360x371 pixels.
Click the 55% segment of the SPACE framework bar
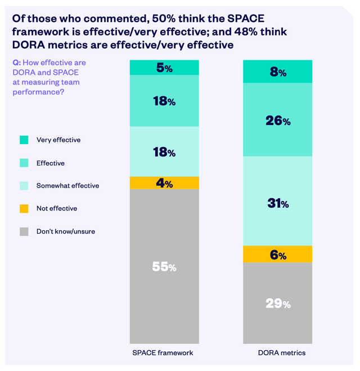click(x=164, y=266)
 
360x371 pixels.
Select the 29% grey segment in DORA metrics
click(x=277, y=303)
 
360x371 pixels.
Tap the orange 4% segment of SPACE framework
click(x=164, y=183)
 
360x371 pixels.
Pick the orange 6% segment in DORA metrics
click(x=277, y=254)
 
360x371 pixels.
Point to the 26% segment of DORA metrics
click(x=277, y=120)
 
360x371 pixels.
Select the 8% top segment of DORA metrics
click(x=277, y=72)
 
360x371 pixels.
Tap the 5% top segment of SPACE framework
click(x=164, y=68)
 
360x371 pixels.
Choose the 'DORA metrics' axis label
click(x=277, y=352)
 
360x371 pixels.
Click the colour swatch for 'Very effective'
click(x=24, y=140)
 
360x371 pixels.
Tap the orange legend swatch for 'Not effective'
click(x=24, y=208)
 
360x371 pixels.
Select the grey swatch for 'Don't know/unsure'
click(x=24, y=231)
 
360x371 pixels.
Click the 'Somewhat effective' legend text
click(x=67, y=185)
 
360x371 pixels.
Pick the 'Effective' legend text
click(x=50, y=163)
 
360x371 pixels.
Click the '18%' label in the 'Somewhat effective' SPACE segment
click(x=164, y=153)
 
